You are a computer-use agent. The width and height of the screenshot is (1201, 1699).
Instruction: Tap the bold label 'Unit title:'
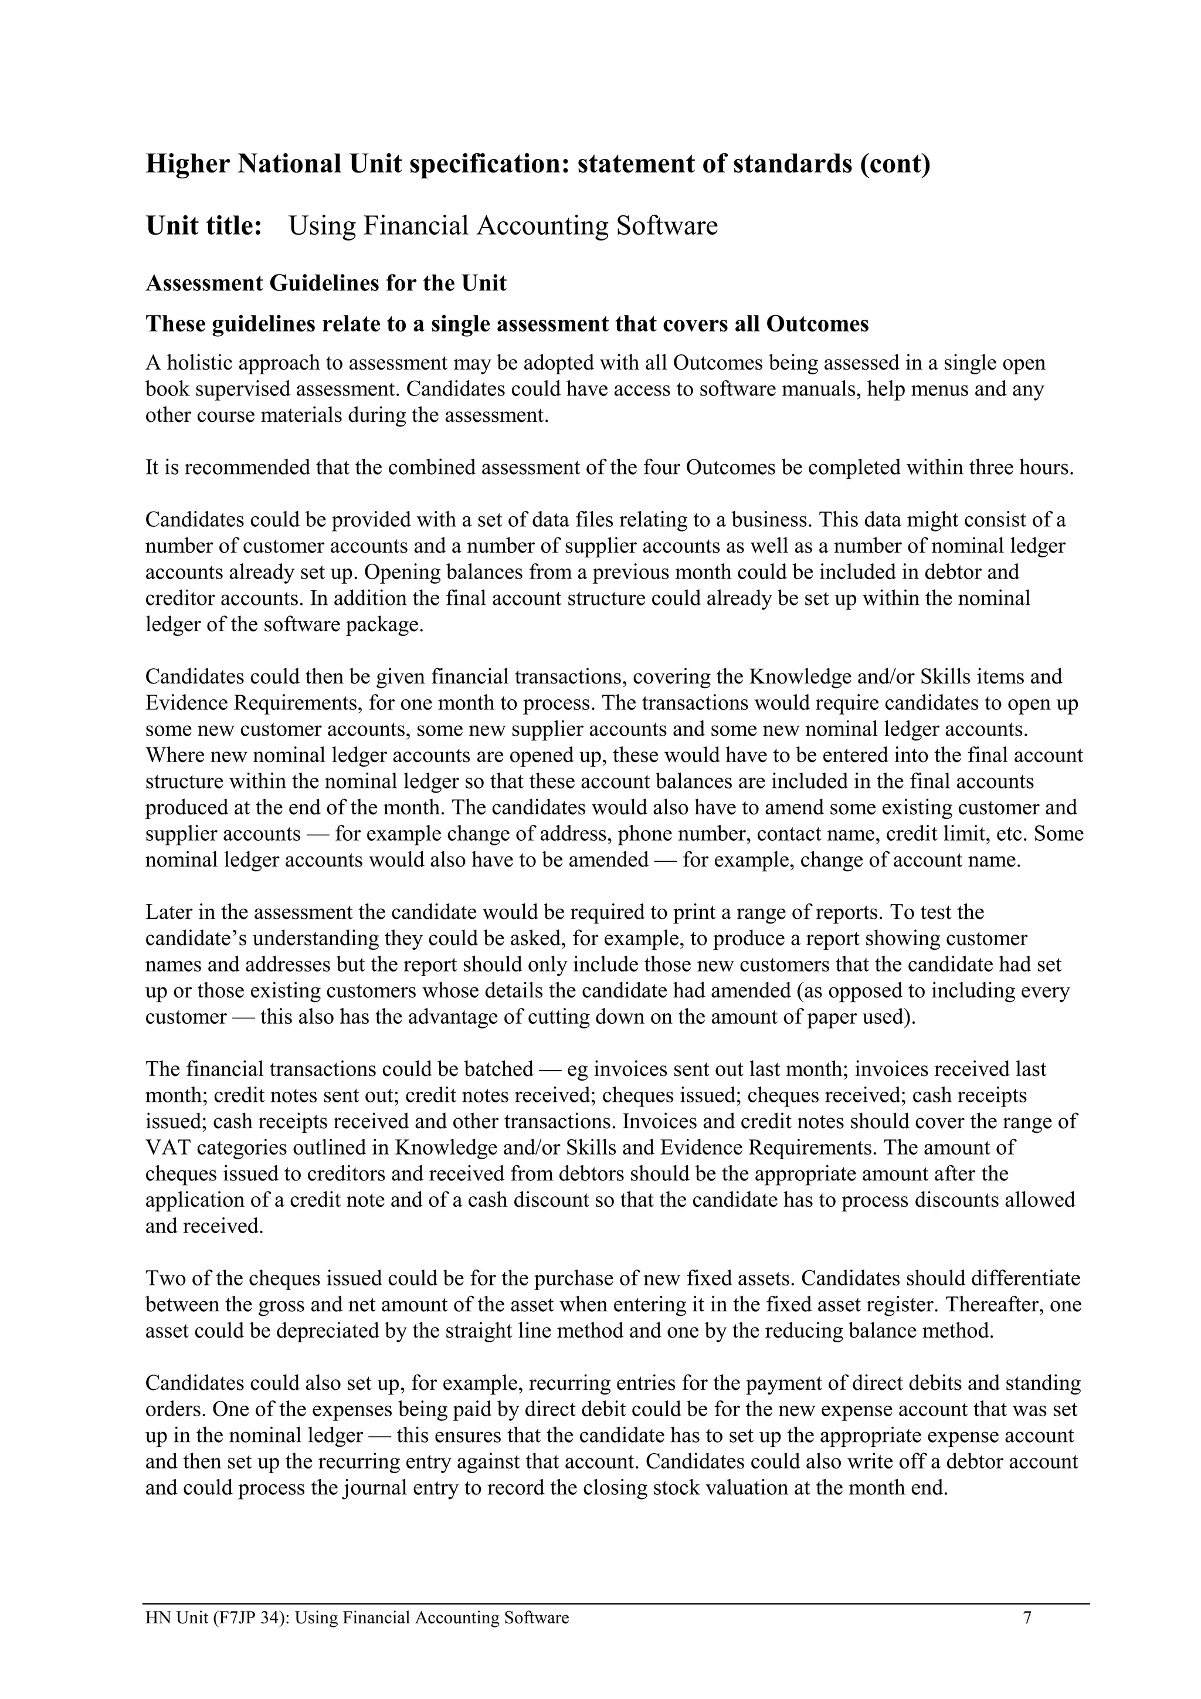tap(204, 226)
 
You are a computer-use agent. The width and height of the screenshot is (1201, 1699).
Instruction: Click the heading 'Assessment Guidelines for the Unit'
tap(325, 283)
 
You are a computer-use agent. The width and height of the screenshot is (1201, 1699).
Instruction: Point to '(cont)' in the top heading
tap(894, 164)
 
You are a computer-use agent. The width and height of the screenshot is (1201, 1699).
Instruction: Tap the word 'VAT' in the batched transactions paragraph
tap(167, 1148)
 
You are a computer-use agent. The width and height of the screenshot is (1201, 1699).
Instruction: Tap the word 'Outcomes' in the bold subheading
tap(817, 324)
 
